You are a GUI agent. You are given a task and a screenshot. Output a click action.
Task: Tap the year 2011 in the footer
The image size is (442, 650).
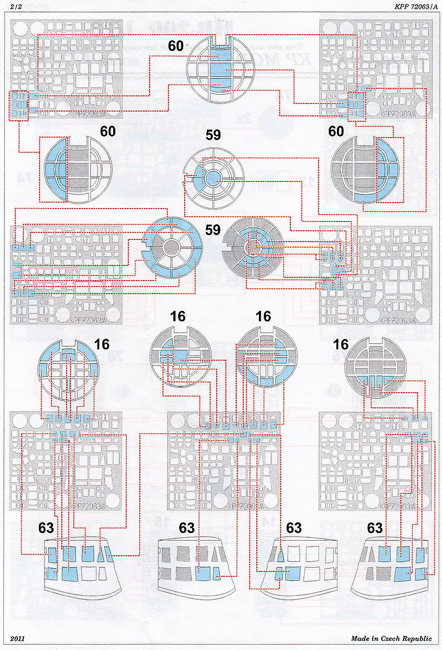(17, 639)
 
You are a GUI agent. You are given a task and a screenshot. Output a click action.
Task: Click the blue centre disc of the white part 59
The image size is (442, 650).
(213, 178)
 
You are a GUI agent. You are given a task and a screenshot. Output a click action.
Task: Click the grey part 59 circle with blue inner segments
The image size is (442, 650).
(252, 249)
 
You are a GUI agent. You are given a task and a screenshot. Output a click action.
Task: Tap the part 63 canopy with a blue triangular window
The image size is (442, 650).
(293, 563)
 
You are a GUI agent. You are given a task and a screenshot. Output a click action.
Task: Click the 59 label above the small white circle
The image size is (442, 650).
(213, 135)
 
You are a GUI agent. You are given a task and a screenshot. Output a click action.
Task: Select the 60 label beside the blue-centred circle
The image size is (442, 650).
(175, 46)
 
